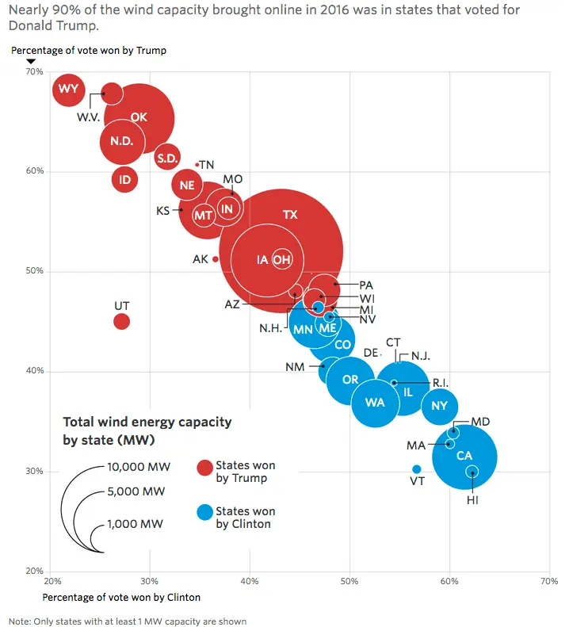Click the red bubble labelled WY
[69, 89]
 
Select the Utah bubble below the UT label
[121, 321]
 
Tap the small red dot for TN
[197, 165]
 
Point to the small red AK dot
[216, 259]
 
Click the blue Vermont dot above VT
[417, 469]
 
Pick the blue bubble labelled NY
[440, 407]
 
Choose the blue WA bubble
[375, 403]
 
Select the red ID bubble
[124, 180]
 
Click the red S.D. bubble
[167, 159]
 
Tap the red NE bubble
[187, 185]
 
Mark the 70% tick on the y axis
[34, 71]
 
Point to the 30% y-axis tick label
[34, 471]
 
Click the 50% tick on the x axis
[349, 582]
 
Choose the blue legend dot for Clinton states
[204, 513]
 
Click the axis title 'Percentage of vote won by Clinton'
[121, 597]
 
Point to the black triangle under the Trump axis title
[30, 62]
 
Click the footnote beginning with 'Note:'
[128, 621]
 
